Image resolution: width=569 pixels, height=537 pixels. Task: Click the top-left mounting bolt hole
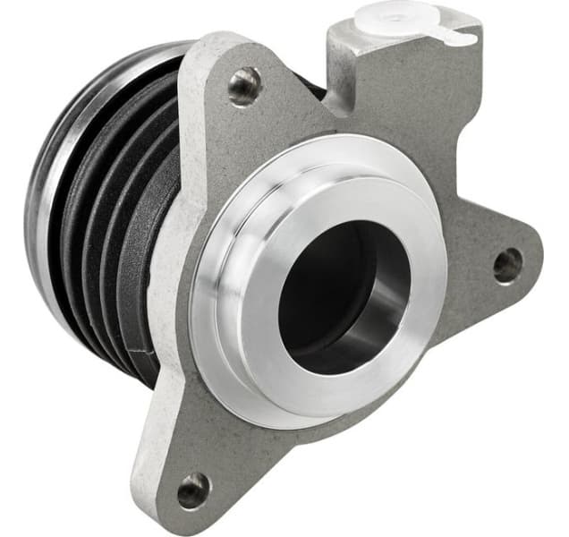(243, 86)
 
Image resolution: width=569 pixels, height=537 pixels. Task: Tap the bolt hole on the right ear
(507, 264)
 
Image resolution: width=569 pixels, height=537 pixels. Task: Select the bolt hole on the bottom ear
(192, 490)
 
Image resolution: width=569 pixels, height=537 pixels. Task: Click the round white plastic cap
(395, 15)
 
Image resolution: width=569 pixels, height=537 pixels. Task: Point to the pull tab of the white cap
(459, 38)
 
